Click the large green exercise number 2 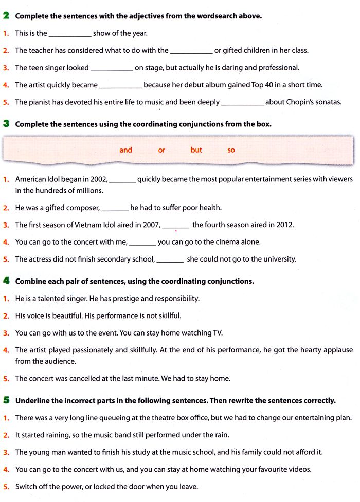tap(6, 16)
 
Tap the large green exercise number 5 tap(6, 400)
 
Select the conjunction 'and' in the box tap(126, 150)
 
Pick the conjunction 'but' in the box tap(196, 150)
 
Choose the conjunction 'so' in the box tap(231, 150)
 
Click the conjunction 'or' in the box tap(161, 150)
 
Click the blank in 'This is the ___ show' tap(70, 34)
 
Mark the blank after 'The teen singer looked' tap(112, 68)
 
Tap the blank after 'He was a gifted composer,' tap(115, 208)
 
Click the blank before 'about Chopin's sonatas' tap(242, 102)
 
